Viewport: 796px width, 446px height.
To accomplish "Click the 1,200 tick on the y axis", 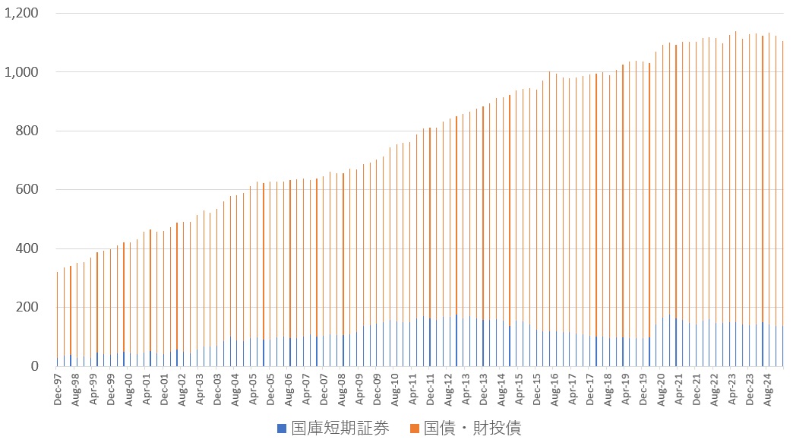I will click(22, 14).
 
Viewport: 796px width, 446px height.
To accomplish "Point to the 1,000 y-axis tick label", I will click(22, 72).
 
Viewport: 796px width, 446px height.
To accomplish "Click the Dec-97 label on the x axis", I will click(58, 389).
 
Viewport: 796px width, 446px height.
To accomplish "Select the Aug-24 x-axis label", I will click(767, 389).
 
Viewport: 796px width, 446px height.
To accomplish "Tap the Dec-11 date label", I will click(430, 389).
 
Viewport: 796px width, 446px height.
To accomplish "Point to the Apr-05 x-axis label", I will click(253, 389).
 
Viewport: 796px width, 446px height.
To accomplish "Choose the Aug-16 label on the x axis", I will click(554, 389).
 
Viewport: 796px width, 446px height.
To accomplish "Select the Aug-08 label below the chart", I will click(342, 389).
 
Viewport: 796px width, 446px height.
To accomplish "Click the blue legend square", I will click(282, 429).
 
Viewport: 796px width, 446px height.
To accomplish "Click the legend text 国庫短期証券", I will click(339, 429).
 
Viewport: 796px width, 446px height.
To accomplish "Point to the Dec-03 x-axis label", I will click(217, 389).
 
